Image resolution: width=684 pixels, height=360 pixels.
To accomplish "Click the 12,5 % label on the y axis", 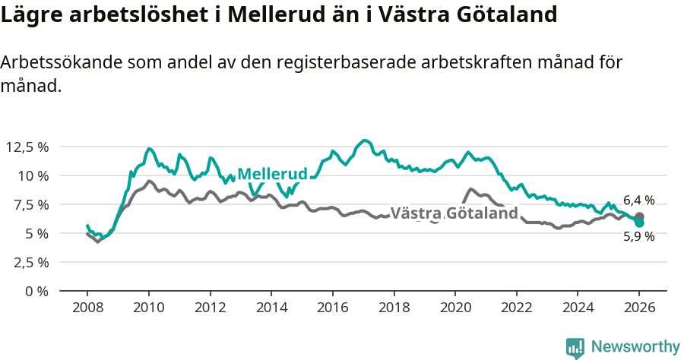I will pyautogui.click(x=27, y=147).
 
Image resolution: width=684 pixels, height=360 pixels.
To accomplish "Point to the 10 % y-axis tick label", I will pyautogui.click(x=33, y=175).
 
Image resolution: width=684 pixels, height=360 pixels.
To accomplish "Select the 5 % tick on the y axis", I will pyautogui.click(x=36, y=233).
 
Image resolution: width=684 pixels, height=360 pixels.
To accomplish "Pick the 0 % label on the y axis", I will pyautogui.click(x=36, y=291).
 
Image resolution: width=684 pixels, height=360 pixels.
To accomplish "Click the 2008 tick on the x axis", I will pyautogui.click(x=87, y=308).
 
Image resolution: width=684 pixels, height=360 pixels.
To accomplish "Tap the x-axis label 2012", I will pyautogui.click(x=210, y=308).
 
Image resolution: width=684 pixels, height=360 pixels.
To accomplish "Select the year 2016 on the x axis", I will pyautogui.click(x=333, y=308).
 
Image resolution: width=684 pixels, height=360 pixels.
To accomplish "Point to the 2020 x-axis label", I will pyautogui.click(x=455, y=308).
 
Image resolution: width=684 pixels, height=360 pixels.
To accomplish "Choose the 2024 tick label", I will pyautogui.click(x=578, y=308).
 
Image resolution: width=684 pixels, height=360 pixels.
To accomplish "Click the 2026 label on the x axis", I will pyautogui.click(x=639, y=308).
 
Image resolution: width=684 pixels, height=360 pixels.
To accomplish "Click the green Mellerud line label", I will pyautogui.click(x=272, y=174).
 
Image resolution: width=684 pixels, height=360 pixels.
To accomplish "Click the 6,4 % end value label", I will pyautogui.click(x=639, y=201).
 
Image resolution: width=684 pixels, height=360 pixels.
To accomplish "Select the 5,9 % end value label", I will pyautogui.click(x=639, y=236).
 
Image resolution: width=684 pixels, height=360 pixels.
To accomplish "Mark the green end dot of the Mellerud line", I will pyautogui.click(x=639, y=223).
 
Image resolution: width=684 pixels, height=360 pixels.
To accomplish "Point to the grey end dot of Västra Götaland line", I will pyautogui.click(x=639, y=216).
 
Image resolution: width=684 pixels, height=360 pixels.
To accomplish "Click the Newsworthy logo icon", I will pyautogui.click(x=575, y=348).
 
